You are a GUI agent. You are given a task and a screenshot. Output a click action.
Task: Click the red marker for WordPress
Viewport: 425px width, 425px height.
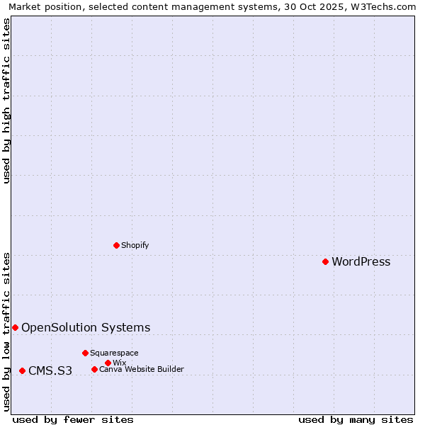[325, 261]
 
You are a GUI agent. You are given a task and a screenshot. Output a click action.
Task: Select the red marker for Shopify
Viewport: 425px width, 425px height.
[116, 245]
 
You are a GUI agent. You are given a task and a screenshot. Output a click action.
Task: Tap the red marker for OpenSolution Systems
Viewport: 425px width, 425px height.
[15, 327]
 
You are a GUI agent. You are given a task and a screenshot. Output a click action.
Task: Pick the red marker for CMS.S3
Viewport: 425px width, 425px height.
[22, 370]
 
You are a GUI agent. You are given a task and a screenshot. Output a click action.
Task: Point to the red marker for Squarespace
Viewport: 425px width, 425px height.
[85, 353]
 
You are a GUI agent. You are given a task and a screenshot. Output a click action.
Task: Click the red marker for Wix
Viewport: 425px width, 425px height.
[108, 363]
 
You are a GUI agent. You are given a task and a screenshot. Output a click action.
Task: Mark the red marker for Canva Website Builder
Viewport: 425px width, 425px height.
[94, 369]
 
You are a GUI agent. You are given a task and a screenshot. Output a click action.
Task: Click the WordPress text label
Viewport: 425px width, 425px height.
[361, 261]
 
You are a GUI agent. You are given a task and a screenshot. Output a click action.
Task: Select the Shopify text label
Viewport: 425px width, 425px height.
[135, 245]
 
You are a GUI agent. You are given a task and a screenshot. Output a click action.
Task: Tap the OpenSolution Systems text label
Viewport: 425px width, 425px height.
[86, 327]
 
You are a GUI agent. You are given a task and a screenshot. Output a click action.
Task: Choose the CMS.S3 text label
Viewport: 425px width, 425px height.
[50, 370]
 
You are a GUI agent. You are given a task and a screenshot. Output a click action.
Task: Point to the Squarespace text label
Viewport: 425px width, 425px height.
[114, 353]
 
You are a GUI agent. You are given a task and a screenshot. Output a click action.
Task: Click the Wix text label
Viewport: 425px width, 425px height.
[119, 363]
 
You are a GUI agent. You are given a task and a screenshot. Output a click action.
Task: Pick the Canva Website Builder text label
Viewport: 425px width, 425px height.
[141, 369]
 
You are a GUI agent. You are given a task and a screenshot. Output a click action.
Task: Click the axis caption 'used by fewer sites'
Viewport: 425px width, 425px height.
[73, 419]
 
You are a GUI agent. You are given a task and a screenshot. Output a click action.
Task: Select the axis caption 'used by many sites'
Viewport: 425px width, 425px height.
[356, 419]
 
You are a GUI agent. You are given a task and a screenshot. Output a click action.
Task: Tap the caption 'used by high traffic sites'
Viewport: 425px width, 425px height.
[7, 101]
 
